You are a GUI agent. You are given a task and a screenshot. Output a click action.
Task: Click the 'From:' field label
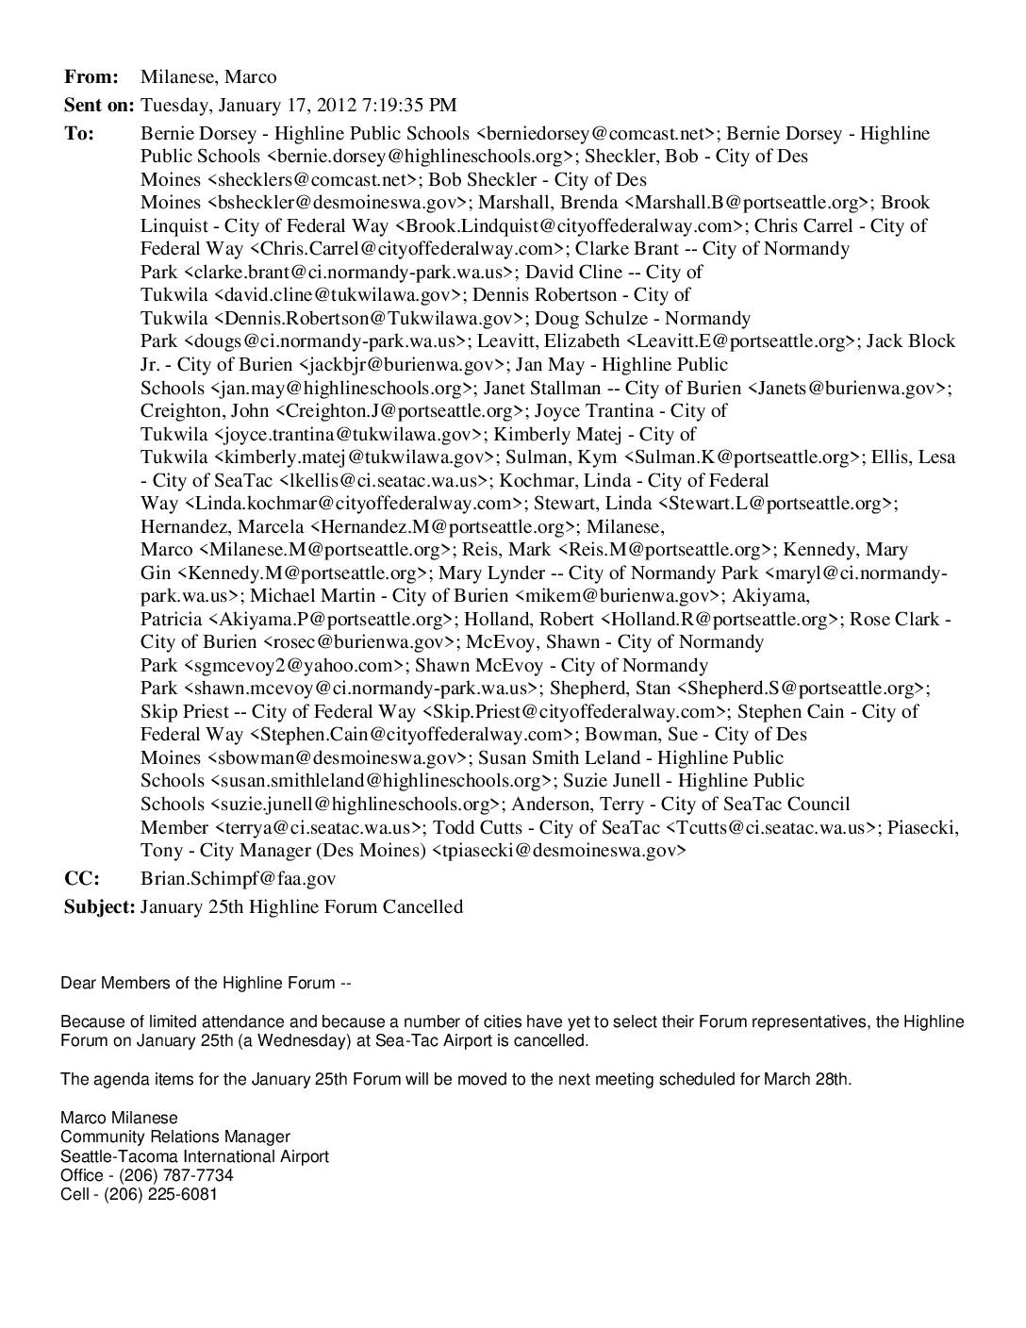coord(91,77)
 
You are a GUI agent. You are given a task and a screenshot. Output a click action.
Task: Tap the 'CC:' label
coord(82,879)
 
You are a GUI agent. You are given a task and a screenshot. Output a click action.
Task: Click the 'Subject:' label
coord(100,907)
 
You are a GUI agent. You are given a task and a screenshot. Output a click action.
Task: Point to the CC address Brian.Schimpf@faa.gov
coord(239,879)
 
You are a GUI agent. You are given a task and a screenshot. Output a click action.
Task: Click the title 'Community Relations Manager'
coord(175,1137)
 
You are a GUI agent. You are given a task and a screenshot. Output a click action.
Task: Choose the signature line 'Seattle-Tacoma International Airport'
coord(195,1156)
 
